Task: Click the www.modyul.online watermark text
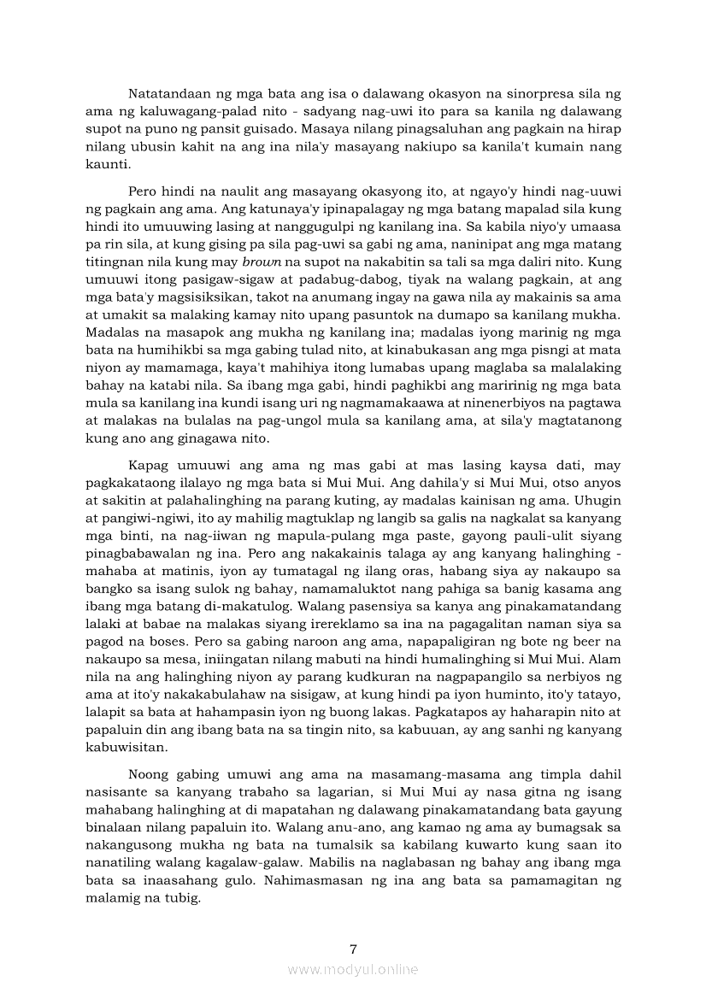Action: coord(353,969)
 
